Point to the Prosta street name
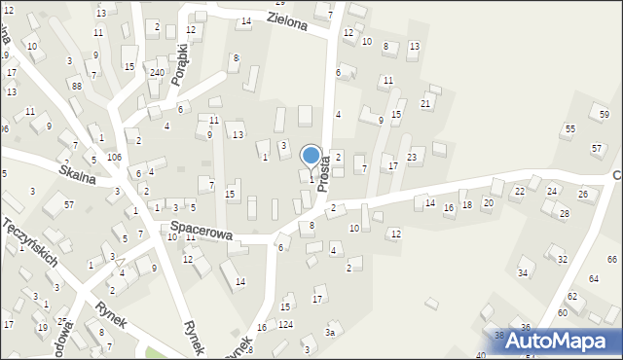tap(324, 176)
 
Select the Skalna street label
tap(79, 169)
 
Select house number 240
tap(157, 73)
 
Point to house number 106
tap(114, 158)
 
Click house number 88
tap(76, 87)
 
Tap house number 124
tap(285, 323)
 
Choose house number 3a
tap(330, 333)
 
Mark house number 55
tap(570, 128)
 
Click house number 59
tap(605, 115)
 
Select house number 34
tap(523, 272)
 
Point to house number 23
tap(413, 157)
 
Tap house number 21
tap(425, 103)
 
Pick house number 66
tap(612, 259)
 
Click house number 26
tap(583, 195)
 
